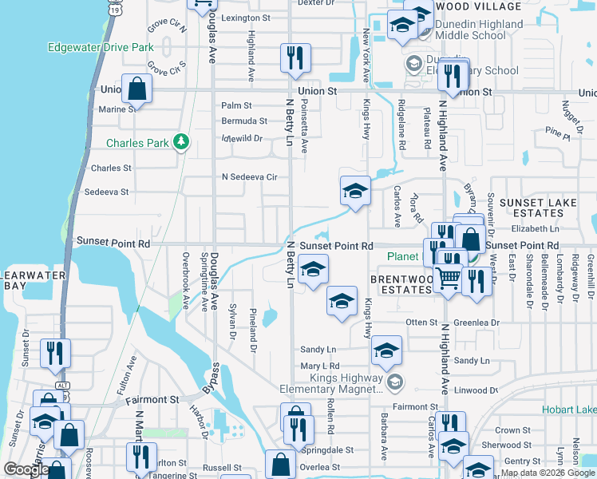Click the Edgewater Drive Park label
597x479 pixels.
[101, 47]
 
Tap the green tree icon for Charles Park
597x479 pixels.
[182, 142]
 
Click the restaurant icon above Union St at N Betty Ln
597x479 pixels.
[295, 57]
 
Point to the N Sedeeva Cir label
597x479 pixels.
[249, 176]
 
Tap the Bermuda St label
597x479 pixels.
[244, 121]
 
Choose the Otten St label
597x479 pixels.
[422, 323]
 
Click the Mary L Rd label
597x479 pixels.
[320, 366]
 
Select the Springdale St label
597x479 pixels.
[327, 450]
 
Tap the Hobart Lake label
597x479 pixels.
[571, 410]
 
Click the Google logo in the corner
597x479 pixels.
[26, 469]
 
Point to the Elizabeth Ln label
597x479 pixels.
[536, 229]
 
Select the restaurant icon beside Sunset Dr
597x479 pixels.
[55, 353]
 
